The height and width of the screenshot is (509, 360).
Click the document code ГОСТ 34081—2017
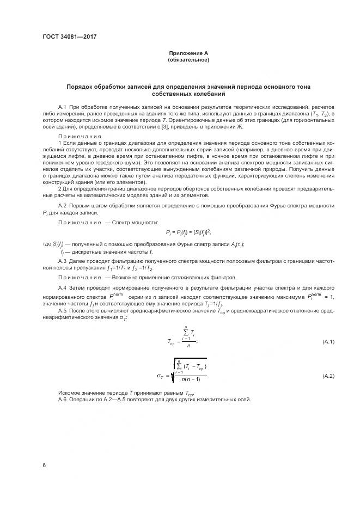tap(66, 38)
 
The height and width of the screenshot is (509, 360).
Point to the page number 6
tap(45, 465)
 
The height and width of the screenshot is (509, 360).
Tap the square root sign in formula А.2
tap(171, 371)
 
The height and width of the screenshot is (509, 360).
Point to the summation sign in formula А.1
tap(186, 332)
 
